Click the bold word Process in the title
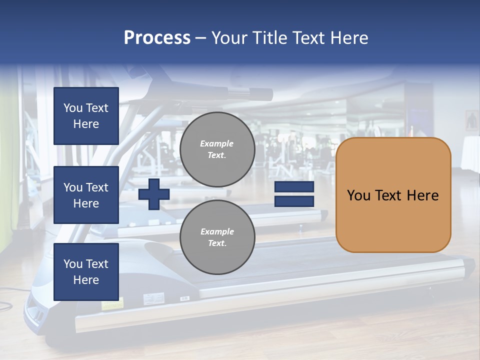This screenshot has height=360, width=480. click(157, 37)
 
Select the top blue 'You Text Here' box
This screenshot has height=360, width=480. click(86, 116)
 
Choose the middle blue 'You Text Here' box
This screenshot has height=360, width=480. click(86, 195)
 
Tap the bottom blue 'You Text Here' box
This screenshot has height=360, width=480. click(86, 271)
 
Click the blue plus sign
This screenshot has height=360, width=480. click(154, 194)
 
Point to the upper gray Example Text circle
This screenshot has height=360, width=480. click(217, 149)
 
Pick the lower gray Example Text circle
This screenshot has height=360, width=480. click(217, 237)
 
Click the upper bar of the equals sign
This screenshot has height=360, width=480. click(294, 187)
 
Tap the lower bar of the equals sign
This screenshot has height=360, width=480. click(294, 201)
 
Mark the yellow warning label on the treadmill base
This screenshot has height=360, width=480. click(112, 303)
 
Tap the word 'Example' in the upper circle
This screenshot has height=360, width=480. click(217, 143)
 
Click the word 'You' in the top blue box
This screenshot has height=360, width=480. click(72, 108)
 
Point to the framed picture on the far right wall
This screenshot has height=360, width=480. click(471, 120)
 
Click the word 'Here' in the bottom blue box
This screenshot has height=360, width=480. click(86, 280)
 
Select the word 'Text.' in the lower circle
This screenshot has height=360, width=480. click(217, 243)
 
